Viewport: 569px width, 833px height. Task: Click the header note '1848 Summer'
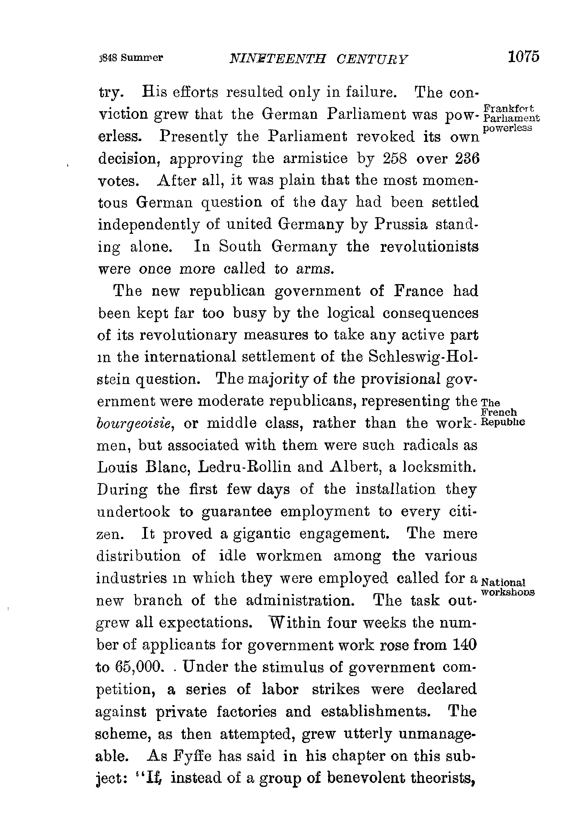point(131,58)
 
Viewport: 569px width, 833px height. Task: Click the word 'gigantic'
point(261,534)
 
